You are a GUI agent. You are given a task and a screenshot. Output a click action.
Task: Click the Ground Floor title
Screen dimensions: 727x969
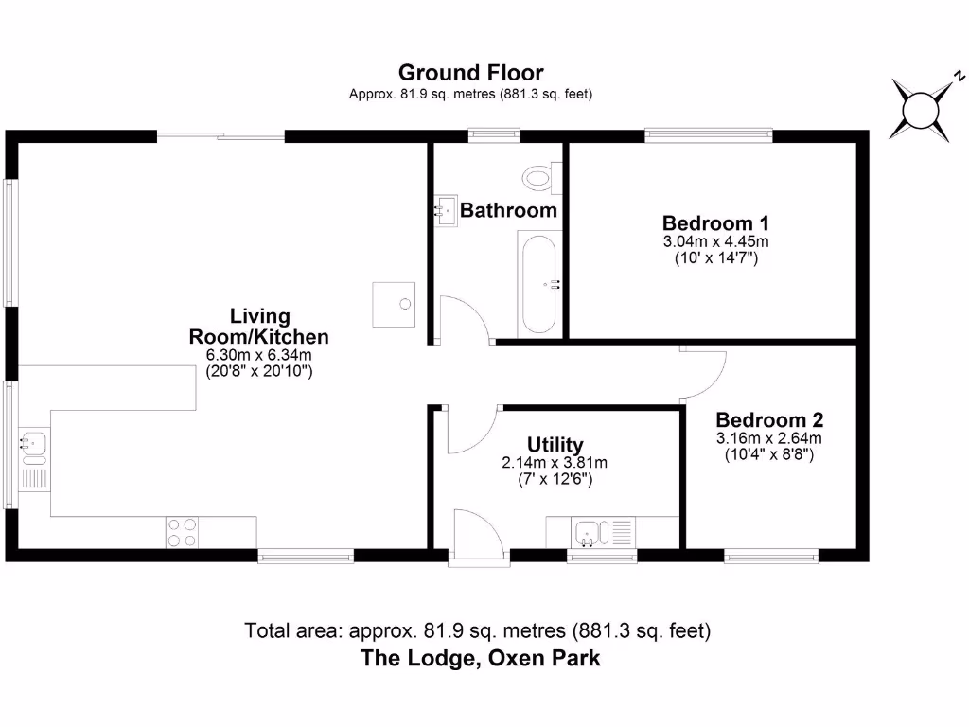470,73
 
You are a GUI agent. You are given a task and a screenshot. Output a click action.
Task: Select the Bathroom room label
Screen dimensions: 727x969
508,210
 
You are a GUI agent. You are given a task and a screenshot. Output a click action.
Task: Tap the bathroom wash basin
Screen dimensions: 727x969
444,210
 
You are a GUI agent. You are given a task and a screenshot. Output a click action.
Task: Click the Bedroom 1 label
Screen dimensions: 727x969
715,223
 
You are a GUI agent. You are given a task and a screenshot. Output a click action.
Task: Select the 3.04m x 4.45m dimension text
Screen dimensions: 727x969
715,242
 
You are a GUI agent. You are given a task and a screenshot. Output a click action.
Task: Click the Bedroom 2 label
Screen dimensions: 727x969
769,420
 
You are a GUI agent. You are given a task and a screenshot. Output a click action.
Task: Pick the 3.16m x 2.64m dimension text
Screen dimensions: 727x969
769,438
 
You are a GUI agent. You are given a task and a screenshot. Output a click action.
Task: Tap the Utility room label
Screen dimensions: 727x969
555,445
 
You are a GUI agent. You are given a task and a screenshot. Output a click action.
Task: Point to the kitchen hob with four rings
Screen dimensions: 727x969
182,532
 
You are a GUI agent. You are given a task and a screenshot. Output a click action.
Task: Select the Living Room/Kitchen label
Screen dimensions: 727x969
259,327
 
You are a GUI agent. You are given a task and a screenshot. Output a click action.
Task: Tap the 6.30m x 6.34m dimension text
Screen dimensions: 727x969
259,355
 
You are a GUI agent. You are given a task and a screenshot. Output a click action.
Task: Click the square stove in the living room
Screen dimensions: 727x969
396,304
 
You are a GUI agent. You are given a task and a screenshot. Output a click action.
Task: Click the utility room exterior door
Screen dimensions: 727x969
477,537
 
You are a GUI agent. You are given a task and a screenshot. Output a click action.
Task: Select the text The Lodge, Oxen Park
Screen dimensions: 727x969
480,658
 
